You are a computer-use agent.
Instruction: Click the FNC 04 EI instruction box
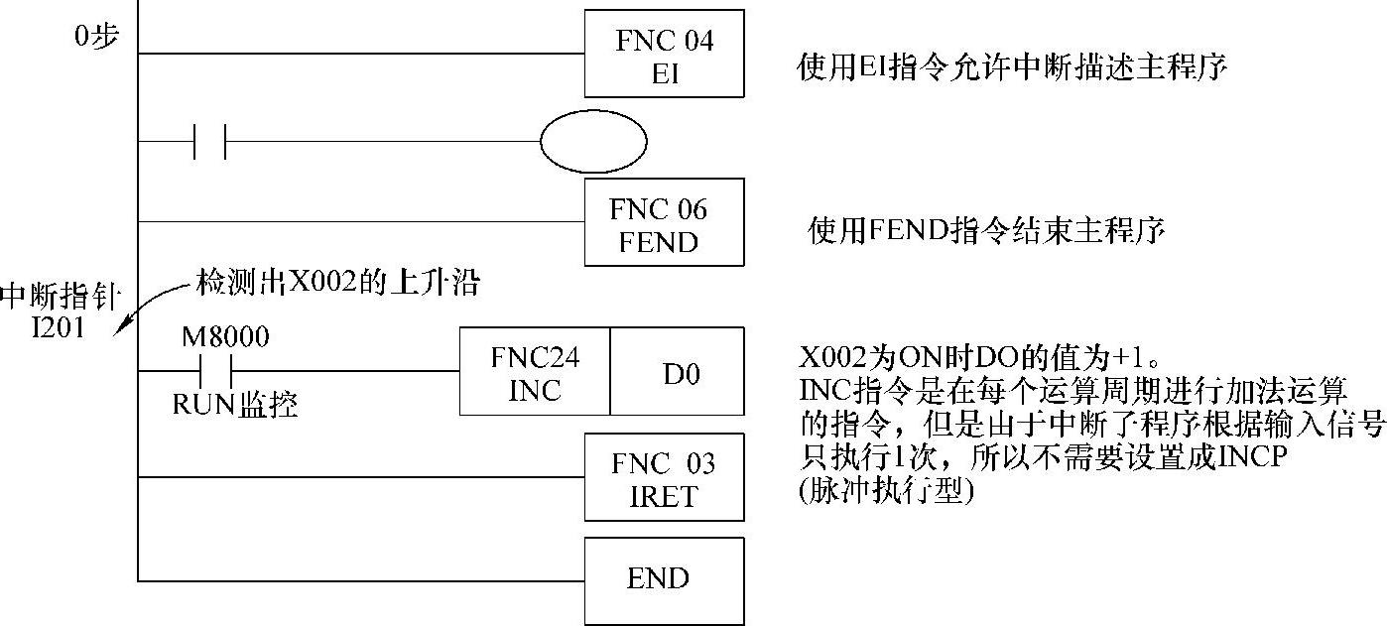[664, 55]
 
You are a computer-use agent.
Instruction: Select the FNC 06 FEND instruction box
[664, 222]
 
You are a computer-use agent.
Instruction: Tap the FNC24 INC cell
[535, 372]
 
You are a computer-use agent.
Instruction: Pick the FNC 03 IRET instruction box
[664, 477]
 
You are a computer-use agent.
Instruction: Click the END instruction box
[664, 579]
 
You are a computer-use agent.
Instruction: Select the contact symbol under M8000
[215, 371]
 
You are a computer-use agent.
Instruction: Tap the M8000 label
[225, 336]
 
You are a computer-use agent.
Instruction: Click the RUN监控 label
[235, 405]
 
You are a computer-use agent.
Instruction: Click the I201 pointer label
[58, 326]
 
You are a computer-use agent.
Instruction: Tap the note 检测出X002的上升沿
[338, 284]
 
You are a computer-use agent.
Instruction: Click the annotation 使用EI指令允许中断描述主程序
[1013, 67]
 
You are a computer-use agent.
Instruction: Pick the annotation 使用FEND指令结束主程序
[987, 231]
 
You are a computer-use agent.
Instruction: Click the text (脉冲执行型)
[887, 491]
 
